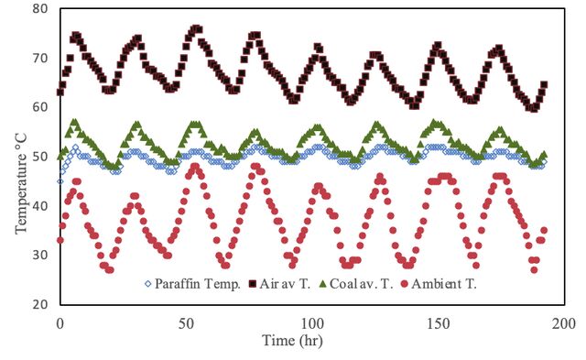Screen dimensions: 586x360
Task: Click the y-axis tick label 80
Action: coord(40,8)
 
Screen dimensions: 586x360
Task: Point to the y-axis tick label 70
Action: coord(40,58)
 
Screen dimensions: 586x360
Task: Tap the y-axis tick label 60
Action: coord(40,107)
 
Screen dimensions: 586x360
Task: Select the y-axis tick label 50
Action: coord(40,157)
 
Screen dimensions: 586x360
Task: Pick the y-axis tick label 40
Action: coord(40,206)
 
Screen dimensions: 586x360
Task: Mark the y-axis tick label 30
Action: coord(40,256)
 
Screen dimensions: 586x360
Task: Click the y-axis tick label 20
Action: coord(40,305)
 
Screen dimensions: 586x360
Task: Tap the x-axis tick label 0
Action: coord(60,323)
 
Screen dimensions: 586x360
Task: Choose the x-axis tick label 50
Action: coord(186,323)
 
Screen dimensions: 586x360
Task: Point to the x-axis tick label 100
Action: coord(312,323)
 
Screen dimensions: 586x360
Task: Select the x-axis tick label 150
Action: coord(439,323)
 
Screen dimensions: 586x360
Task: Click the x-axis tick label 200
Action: coord(564,323)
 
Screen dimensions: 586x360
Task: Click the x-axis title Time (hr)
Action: coord(292,341)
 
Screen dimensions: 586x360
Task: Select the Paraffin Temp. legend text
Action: coord(198,284)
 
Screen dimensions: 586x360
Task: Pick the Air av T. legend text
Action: coord(285,284)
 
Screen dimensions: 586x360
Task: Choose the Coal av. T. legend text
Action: coord(362,284)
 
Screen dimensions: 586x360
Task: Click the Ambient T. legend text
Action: coord(444,284)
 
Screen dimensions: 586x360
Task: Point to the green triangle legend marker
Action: coord(323,284)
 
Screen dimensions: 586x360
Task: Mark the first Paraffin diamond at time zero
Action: coord(60,181)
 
